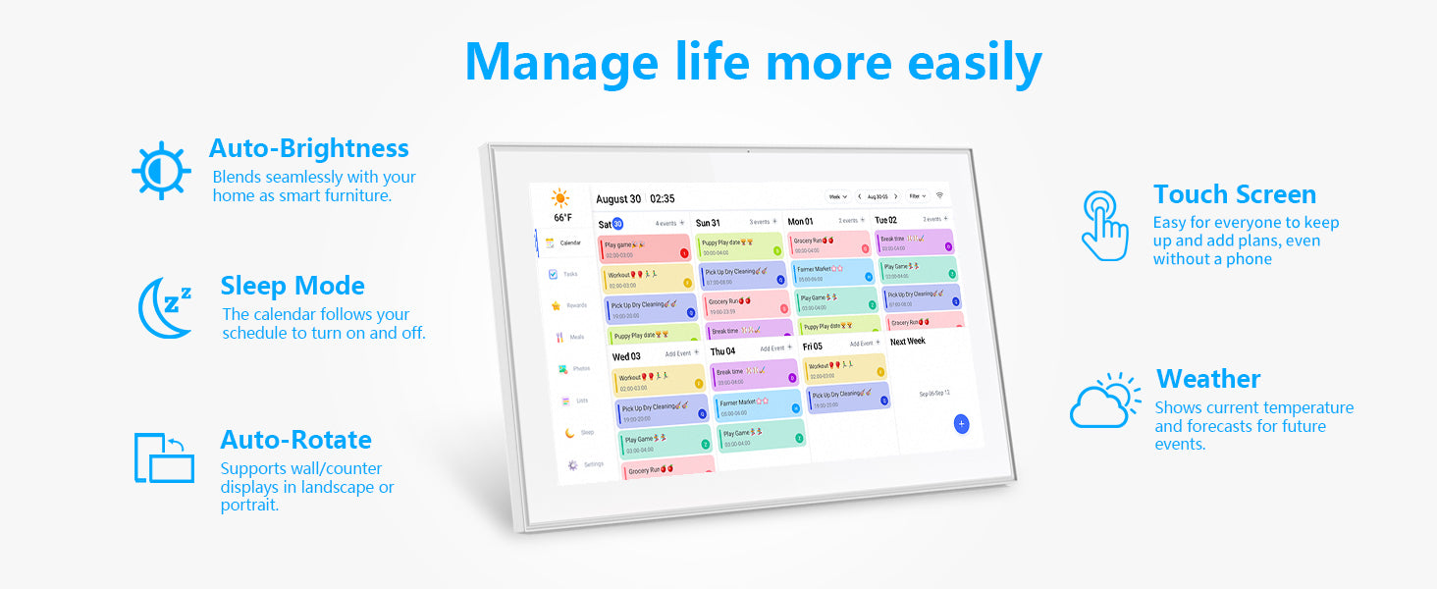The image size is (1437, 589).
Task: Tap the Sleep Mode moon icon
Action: coord(164,307)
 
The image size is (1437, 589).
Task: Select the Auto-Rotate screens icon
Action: coord(164,457)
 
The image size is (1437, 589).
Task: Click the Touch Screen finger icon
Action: coord(1104,226)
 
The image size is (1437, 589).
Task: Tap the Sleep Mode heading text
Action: coord(293,286)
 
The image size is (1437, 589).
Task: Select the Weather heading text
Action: coord(1208,379)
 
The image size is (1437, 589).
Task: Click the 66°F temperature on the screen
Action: coord(562,218)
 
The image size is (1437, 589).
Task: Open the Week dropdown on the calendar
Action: coord(837,196)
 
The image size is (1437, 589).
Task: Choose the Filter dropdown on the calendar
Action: coord(918,196)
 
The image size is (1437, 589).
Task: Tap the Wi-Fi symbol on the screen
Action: coord(939,196)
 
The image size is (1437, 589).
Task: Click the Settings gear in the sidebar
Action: coord(573,464)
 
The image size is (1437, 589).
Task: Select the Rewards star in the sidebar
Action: coord(557,305)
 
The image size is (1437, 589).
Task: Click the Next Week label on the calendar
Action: coord(907,342)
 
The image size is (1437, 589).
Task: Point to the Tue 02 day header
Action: coord(885,221)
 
